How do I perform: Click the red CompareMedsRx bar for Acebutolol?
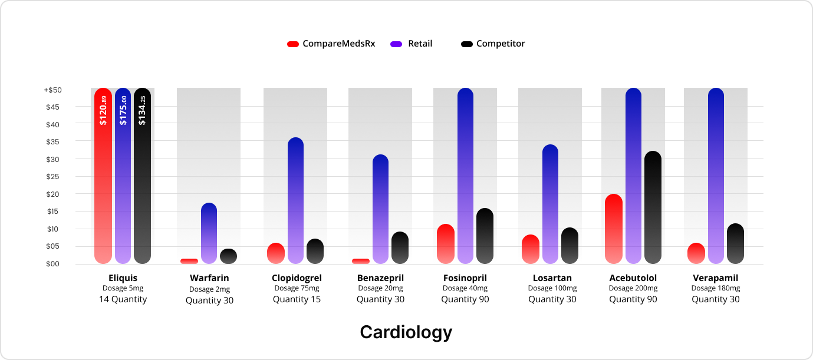point(614,229)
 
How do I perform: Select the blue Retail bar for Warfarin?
point(209,233)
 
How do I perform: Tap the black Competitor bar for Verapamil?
point(735,244)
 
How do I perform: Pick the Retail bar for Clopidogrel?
point(295,201)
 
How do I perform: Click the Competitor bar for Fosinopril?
point(485,236)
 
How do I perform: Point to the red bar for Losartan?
point(531,249)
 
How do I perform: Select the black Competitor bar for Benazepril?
point(400,248)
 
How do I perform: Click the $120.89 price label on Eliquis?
point(103,111)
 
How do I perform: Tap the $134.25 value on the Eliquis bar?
point(142,111)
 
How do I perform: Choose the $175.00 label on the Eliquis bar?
point(123,111)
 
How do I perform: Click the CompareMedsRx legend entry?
point(331,44)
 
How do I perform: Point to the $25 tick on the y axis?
point(53,177)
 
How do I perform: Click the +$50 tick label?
point(52,90)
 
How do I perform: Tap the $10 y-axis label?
point(53,229)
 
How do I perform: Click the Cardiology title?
point(406,332)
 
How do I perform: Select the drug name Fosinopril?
point(465,278)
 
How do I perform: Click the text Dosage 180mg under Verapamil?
point(716,289)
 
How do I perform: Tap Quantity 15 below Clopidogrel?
point(297,299)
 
